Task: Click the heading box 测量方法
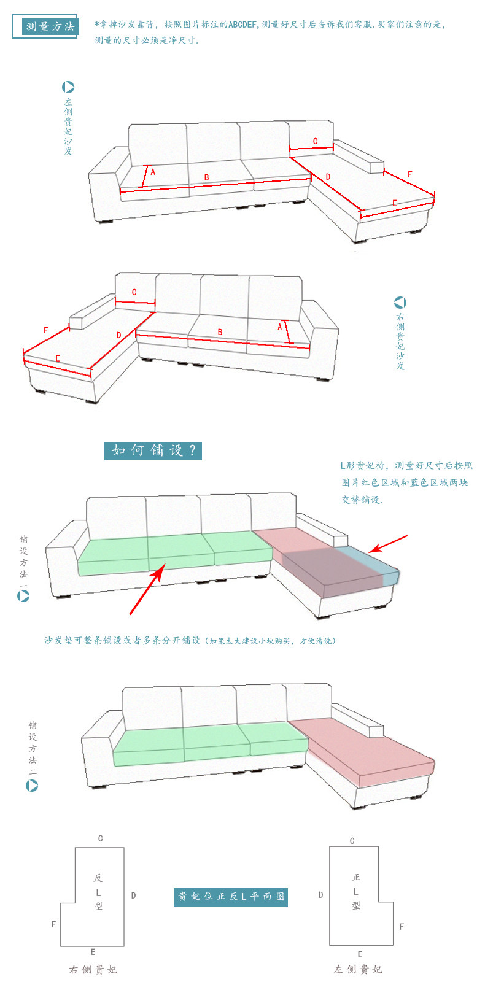click(50, 26)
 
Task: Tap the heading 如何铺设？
click(153, 451)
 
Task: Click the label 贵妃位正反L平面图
click(231, 896)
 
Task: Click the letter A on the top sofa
click(153, 172)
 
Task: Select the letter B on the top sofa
click(206, 177)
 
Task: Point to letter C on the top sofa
click(315, 141)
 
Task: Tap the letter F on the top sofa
click(410, 174)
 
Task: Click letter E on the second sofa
click(58, 358)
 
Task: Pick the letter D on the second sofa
click(119, 335)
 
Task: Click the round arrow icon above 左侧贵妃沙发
click(68, 87)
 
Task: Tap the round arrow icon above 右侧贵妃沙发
click(400, 302)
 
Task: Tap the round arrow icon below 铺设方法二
click(32, 785)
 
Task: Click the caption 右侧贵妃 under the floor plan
click(93, 969)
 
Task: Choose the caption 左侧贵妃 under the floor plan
click(359, 969)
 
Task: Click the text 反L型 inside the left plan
click(98, 892)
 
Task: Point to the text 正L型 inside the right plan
click(356, 891)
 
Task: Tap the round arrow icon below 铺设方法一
click(23, 595)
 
